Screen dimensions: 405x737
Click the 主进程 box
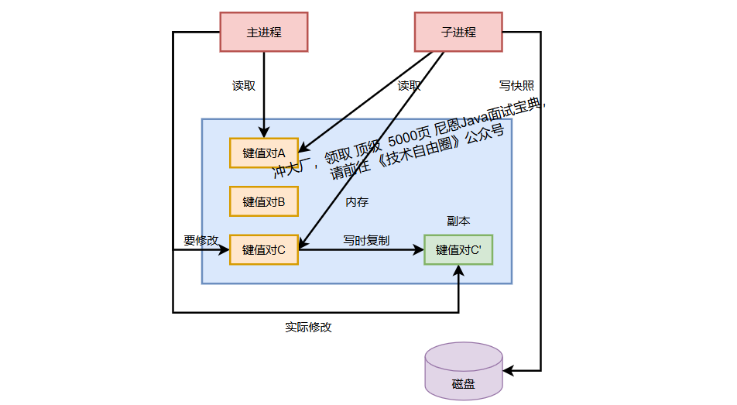coord(264,33)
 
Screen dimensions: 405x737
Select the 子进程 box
coord(458,33)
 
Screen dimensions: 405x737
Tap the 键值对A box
coord(264,153)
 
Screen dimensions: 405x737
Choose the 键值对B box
coord(264,201)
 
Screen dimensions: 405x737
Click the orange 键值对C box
coord(264,249)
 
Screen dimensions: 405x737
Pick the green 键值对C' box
coord(458,249)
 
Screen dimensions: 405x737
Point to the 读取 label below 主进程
coord(244,86)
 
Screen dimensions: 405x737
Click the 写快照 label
coord(516,86)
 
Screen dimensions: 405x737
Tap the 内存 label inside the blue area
coord(357,202)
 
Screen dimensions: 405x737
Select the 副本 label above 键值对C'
coord(458,221)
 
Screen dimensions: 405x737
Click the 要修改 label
coord(201,240)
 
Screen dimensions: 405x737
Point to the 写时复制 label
coord(366,240)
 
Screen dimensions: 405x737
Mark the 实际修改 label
coord(308,327)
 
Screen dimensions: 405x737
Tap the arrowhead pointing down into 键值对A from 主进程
coord(264,132)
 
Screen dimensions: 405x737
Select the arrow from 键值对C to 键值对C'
coord(361,249)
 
